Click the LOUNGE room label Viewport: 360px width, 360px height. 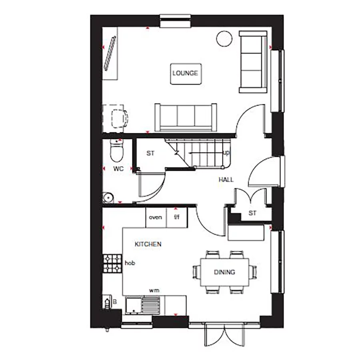pos(185,73)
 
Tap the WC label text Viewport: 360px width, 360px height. pos(118,169)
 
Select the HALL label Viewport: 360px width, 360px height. pos(226,180)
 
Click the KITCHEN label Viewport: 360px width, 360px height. pos(148,244)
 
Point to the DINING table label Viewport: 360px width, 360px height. pos(224,272)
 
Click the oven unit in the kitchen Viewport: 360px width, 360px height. pos(155,218)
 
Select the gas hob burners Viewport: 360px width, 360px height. pos(112,263)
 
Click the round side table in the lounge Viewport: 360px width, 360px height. pos(222,39)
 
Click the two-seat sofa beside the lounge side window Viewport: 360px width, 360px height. pos(252,62)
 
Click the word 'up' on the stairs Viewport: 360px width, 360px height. pos(226,153)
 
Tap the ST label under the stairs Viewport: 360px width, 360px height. pos(150,153)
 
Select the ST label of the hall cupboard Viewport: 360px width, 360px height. pos(252,213)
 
